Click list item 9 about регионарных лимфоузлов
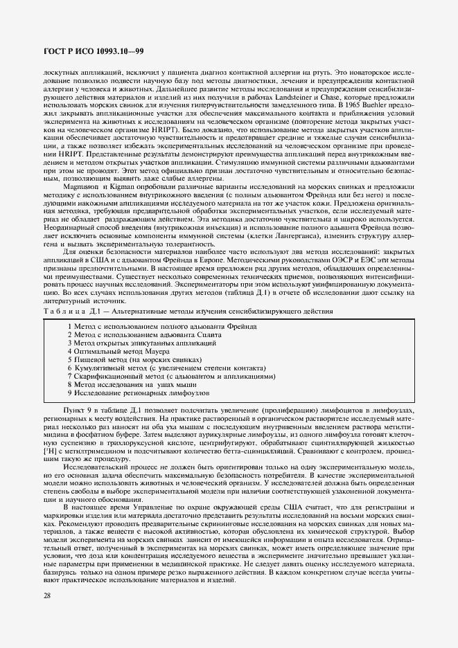[x=139, y=393]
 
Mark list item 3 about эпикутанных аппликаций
[x=141, y=343]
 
